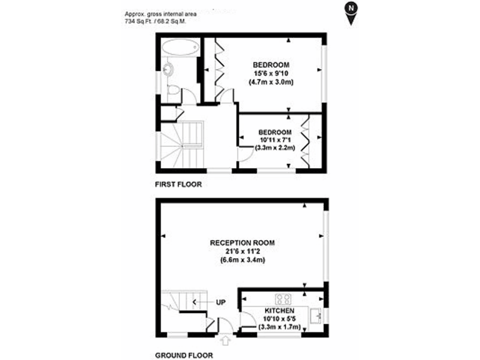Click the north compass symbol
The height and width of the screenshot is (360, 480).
(x=353, y=12)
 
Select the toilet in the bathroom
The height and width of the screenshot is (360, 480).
(x=173, y=92)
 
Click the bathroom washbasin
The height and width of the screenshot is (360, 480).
(x=167, y=69)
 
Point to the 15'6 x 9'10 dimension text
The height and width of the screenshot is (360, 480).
(x=271, y=73)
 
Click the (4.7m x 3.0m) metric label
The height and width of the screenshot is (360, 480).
(x=271, y=82)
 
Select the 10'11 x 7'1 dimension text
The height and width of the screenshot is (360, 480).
(x=275, y=140)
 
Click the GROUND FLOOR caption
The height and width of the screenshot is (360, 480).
(x=184, y=355)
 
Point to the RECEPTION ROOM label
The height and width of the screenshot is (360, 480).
(x=242, y=242)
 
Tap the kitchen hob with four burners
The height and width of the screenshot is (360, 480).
(x=284, y=298)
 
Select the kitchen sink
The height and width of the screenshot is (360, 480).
(x=317, y=314)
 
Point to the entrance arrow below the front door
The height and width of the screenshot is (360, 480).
(x=226, y=341)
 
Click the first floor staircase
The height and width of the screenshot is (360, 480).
(x=181, y=143)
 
